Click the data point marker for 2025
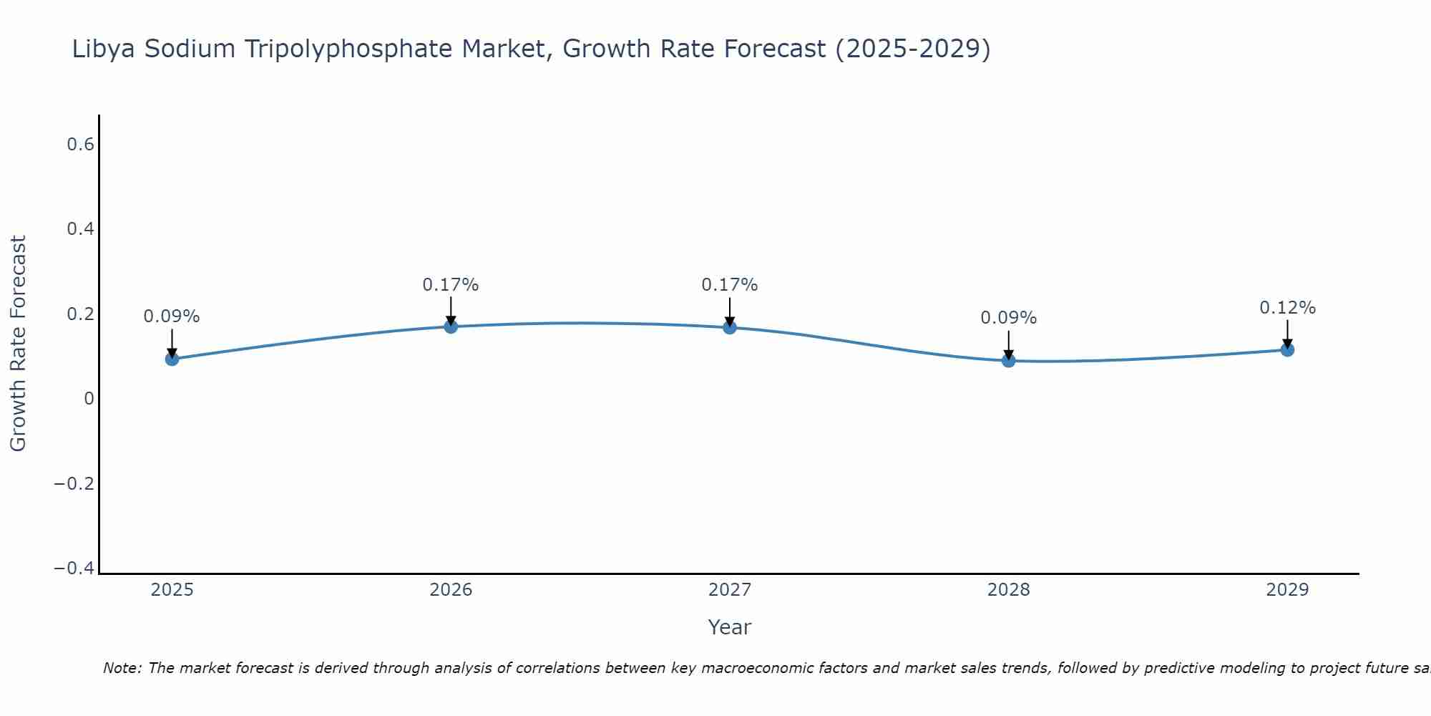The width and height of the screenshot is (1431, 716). (172, 359)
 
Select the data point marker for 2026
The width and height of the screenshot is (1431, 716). (451, 326)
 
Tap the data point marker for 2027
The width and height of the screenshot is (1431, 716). (730, 327)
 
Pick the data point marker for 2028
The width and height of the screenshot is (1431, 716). (1008, 360)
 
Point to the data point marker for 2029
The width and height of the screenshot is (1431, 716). (1287, 349)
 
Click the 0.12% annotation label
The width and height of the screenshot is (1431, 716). (1287, 308)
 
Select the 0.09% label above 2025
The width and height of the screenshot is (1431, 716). (172, 316)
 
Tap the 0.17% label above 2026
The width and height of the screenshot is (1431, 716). (451, 285)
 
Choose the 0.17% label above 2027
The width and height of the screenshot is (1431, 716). (730, 285)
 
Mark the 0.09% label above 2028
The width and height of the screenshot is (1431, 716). (1008, 318)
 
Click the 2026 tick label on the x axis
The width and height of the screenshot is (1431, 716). (451, 590)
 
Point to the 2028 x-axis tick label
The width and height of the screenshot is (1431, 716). (1008, 590)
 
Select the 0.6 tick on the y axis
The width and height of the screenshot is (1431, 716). (80, 145)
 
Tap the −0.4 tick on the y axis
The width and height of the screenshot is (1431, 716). (74, 569)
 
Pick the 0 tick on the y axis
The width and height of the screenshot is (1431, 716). (89, 399)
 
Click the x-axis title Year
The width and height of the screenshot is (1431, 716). (729, 628)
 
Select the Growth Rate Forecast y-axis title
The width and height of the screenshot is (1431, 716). (19, 344)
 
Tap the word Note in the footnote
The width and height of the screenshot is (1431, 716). (121, 669)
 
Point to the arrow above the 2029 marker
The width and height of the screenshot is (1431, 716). (1287, 333)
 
